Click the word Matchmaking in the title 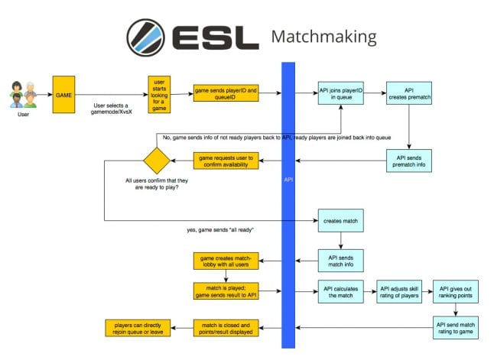point(323,37)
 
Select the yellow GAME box point(63,94)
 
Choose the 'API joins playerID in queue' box point(340,94)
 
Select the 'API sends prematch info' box point(410,161)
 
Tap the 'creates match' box point(340,222)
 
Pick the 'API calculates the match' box point(340,291)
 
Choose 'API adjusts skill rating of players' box point(398,291)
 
